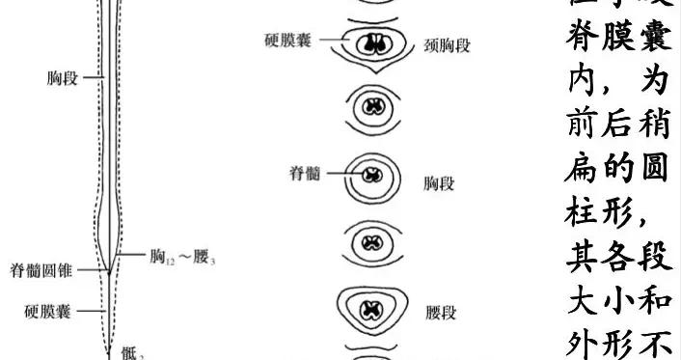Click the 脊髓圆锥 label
tap(44, 269)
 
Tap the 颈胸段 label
tap(447, 44)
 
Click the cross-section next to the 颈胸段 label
tap(371, 44)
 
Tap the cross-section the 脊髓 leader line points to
tap(371, 177)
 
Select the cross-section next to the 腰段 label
tap(371, 311)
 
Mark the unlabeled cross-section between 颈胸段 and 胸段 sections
tap(371, 106)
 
